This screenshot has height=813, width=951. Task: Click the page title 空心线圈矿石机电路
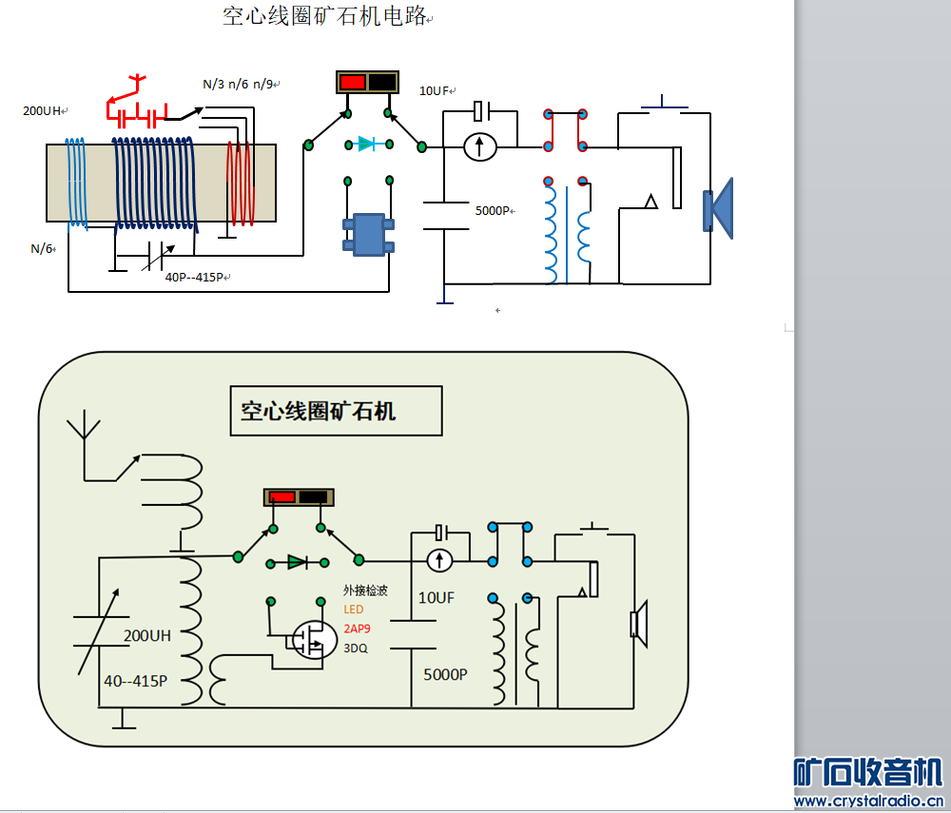click(x=324, y=16)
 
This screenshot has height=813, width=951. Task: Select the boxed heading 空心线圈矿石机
click(x=318, y=411)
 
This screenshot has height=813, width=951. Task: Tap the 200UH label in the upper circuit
click(x=43, y=110)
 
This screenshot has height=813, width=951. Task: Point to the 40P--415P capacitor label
click(x=195, y=277)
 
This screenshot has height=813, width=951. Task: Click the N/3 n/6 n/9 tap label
click(x=238, y=84)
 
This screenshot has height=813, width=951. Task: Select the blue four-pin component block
click(x=368, y=234)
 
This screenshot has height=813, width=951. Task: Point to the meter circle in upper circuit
click(x=480, y=146)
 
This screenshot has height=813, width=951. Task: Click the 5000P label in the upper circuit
click(x=495, y=210)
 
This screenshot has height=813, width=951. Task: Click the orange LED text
click(x=354, y=610)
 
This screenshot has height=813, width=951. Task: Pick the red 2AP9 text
click(x=357, y=629)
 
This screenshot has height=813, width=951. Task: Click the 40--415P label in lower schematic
click(x=135, y=681)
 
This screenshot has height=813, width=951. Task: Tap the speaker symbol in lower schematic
click(x=638, y=623)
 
